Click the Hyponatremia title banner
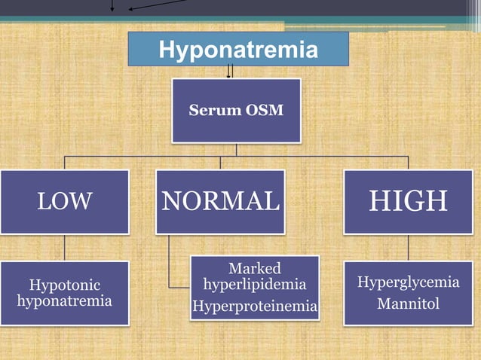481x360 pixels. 237,50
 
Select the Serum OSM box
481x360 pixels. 236,111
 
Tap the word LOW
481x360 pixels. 64,201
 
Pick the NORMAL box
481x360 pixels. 220,201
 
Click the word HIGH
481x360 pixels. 408,201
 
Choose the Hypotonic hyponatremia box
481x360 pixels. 64,293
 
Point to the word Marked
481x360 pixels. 254,269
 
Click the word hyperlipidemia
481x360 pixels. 254,285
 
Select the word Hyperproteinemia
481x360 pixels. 254,307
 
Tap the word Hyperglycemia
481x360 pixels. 408,282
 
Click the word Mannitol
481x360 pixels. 408,304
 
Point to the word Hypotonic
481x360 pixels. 64,285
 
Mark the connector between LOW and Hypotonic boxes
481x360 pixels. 64,247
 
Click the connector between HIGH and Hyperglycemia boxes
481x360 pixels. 408,247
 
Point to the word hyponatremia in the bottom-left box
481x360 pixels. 64,301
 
